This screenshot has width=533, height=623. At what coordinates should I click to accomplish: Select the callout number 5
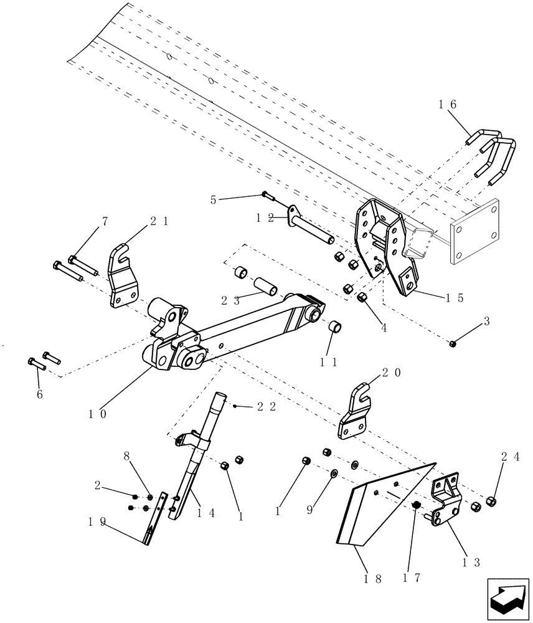coord(214,200)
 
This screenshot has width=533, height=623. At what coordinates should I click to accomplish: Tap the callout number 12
coord(265,218)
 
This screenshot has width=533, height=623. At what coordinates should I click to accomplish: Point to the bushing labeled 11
coord(335,327)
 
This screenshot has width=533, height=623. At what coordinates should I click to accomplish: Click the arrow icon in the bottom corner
coord(507,599)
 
